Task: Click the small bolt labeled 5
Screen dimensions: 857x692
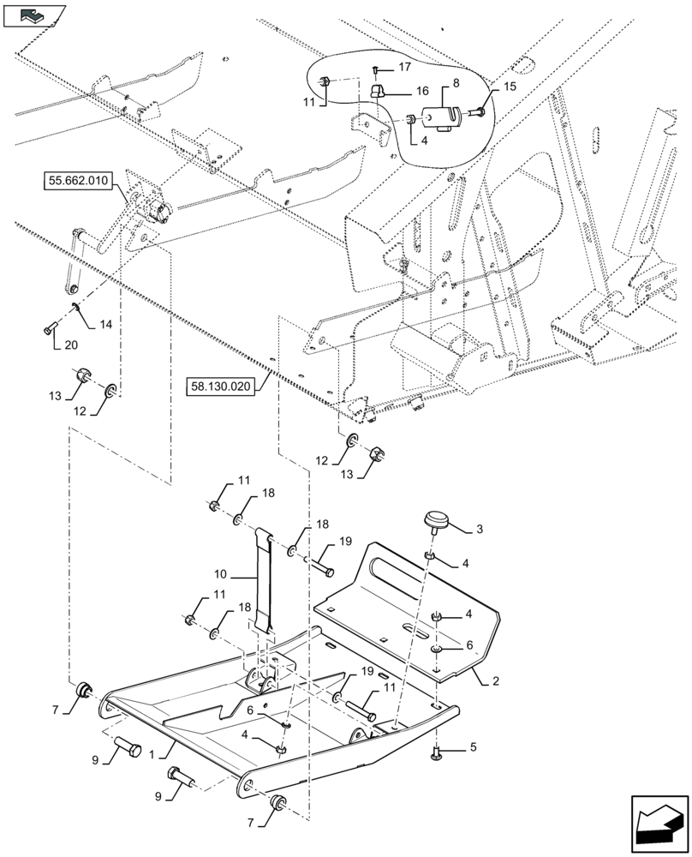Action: (x=437, y=753)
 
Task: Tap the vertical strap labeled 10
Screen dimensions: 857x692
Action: (x=265, y=583)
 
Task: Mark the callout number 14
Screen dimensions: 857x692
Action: (x=105, y=325)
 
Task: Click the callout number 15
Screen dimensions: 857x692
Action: (x=510, y=87)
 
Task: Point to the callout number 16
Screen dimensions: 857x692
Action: (x=422, y=91)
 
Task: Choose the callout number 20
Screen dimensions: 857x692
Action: (x=69, y=345)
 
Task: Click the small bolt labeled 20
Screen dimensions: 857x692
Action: (x=48, y=327)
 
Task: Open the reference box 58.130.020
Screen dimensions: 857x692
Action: (x=221, y=387)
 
